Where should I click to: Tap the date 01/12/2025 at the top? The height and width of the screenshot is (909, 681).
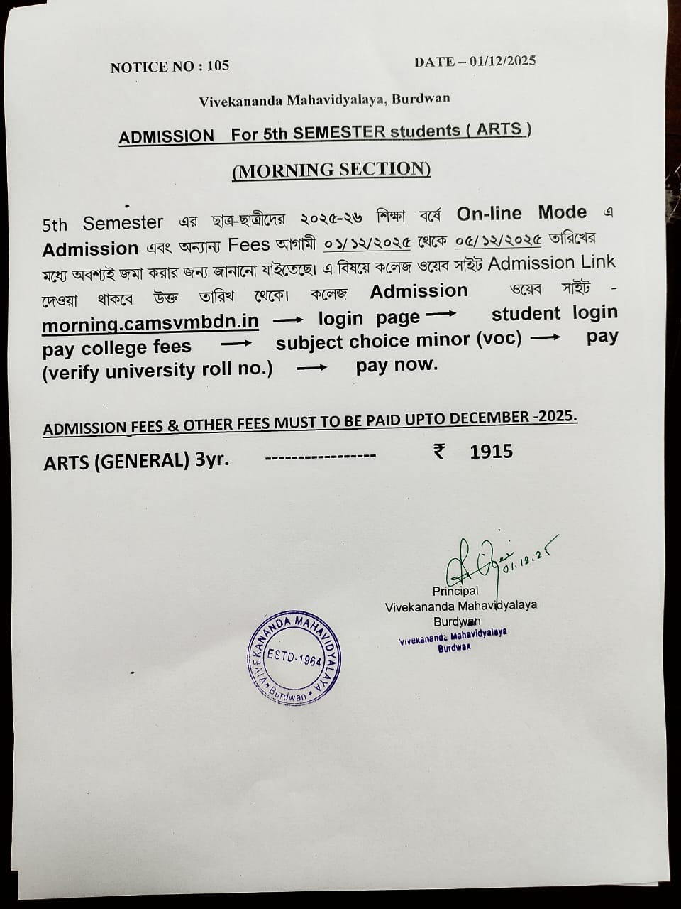coord(502,60)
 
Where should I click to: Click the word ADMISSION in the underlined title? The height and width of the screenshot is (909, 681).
coord(166,136)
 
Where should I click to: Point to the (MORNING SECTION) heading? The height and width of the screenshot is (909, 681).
coord(331,170)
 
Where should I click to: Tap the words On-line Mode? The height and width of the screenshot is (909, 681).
coord(521,213)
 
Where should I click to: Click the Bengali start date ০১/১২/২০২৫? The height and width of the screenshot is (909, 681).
coord(367,242)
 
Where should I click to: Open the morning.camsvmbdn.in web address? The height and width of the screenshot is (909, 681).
coord(150,322)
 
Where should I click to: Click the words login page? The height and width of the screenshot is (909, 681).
coord(369,319)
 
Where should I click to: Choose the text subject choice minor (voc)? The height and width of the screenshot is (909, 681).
coord(399,342)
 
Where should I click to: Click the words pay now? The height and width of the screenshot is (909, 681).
coord(397,365)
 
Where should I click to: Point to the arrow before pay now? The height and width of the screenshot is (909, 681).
coord(311,368)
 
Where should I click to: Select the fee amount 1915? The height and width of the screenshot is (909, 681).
coord(491,452)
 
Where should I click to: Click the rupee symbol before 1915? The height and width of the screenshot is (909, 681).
coord(440,451)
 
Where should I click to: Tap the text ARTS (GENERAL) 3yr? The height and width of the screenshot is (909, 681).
coord(136,461)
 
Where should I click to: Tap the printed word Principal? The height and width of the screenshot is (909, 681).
coord(455,591)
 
